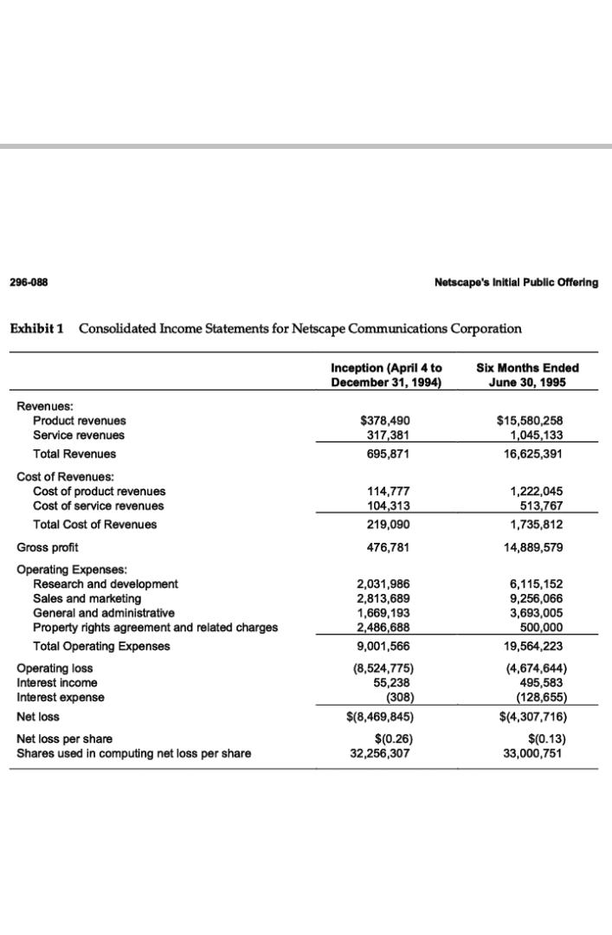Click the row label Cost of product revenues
(x=99, y=491)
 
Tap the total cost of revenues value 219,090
(x=387, y=525)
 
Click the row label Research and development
(x=105, y=584)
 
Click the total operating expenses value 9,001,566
(x=387, y=646)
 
